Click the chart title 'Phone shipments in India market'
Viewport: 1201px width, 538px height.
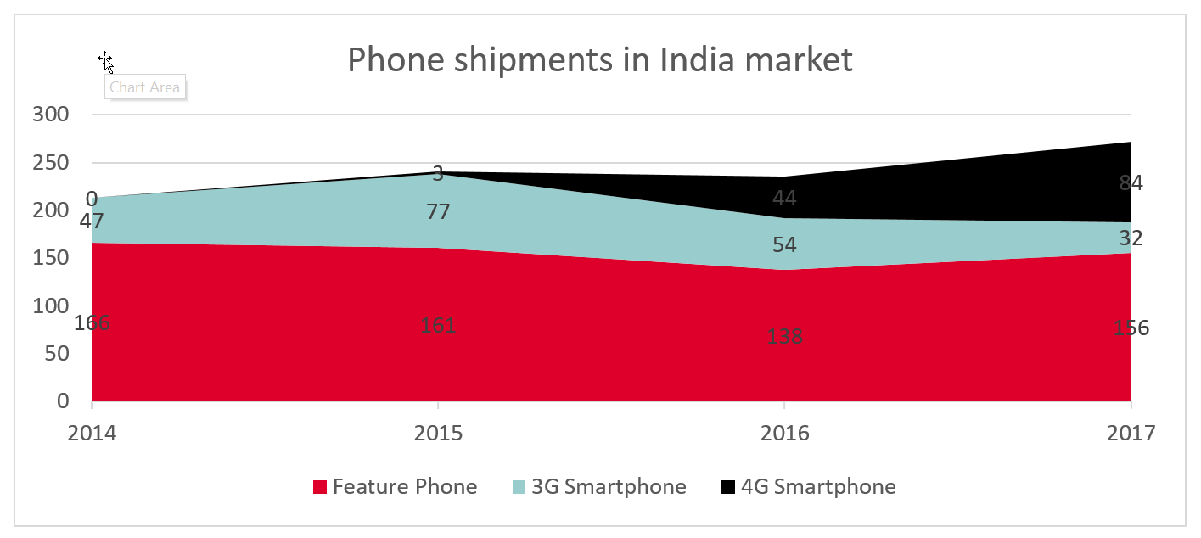599,60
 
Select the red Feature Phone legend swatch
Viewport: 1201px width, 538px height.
320,487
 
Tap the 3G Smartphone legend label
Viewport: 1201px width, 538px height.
608,487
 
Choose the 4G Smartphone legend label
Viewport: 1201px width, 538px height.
818,487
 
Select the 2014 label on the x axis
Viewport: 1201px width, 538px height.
93,434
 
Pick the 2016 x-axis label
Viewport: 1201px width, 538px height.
785,434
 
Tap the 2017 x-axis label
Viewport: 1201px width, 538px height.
1131,434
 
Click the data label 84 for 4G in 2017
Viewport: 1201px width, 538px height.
1131,182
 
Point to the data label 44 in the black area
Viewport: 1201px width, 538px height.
784,199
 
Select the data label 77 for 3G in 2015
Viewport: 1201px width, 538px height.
438,211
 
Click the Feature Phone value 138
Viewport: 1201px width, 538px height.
784,336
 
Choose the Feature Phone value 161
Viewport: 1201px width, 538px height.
438,325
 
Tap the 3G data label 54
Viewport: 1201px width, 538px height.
784,244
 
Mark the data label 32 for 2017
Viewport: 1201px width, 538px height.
1131,238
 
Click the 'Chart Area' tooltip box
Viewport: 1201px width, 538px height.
144,87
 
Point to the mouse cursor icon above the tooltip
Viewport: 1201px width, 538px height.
105,61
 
